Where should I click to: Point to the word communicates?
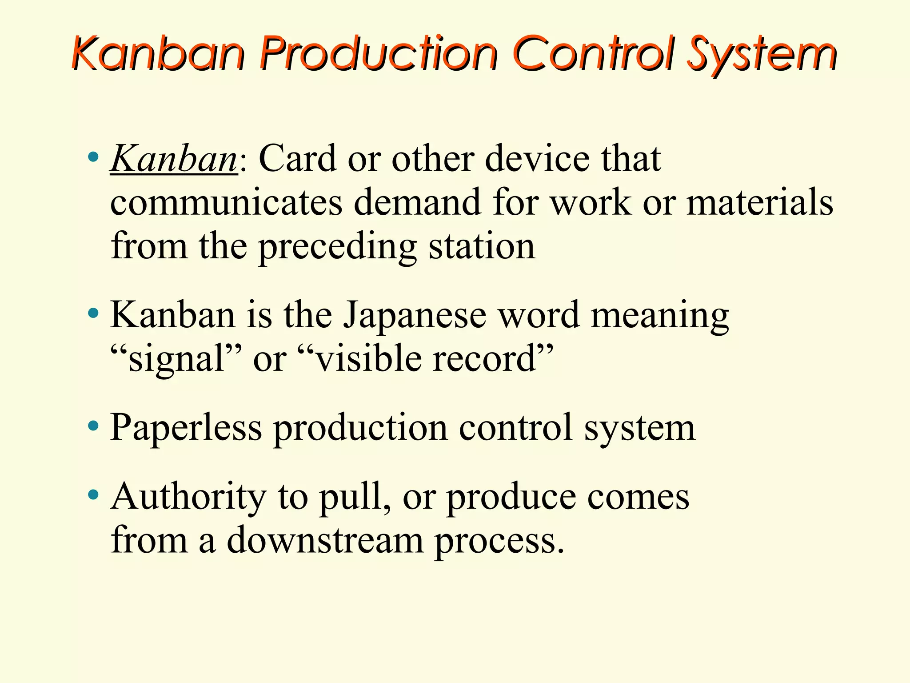tap(226, 202)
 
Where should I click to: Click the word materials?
tap(760, 202)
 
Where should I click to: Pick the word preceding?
tap(338, 247)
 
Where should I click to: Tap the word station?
tap(482, 247)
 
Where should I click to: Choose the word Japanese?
tap(415, 315)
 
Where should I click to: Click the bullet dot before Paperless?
tap(93, 426)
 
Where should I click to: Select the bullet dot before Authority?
tap(93, 494)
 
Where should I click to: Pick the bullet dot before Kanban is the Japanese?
tap(93, 313)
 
